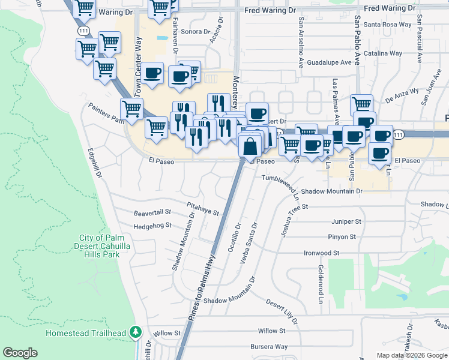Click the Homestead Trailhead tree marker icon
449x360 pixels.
[136, 332]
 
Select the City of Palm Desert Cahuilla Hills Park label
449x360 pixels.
[100, 246]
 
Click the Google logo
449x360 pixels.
[20, 353]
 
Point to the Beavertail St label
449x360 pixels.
[152, 212]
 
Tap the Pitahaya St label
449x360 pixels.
[203, 208]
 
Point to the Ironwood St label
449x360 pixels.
[322, 253]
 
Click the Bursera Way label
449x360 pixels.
[270, 346]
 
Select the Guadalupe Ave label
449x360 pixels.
[329, 62]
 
